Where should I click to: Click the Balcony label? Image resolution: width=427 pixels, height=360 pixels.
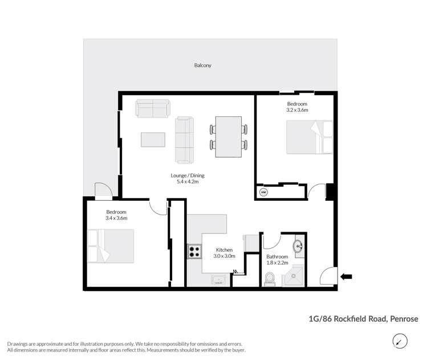(x=202, y=66)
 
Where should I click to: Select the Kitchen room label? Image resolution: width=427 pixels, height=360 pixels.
(x=224, y=250)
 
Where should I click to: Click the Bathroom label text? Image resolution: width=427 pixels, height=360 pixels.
(x=278, y=256)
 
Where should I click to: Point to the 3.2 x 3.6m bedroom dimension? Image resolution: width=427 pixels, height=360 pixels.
(x=297, y=110)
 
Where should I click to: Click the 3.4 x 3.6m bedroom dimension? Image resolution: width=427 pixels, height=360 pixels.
(x=116, y=218)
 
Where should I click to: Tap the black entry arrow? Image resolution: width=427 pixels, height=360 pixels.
(x=346, y=277)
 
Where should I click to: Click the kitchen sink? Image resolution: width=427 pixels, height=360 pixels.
(x=218, y=280)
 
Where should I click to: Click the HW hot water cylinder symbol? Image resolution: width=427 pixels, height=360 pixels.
(x=263, y=192)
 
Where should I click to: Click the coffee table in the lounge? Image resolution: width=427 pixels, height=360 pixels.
(x=153, y=140)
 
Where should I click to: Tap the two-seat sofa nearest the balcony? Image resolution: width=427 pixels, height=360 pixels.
(x=152, y=108)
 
